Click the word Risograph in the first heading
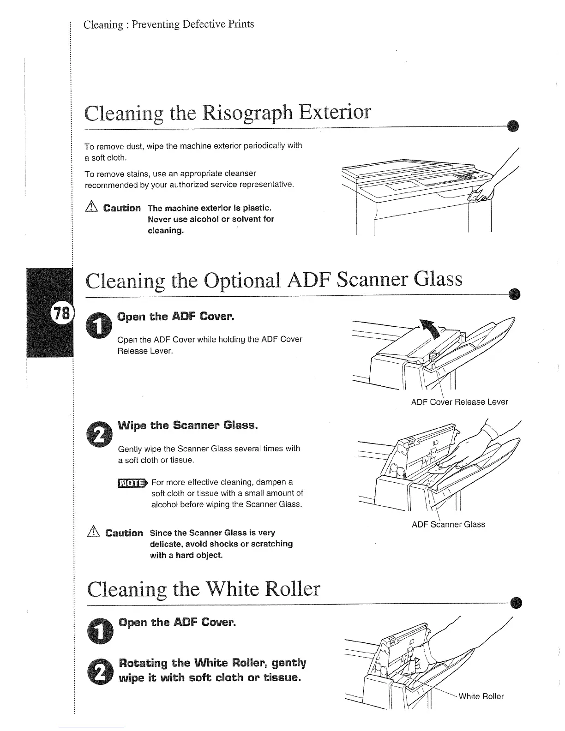click(242, 113)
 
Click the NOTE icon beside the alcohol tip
click(132, 483)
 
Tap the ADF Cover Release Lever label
click(459, 402)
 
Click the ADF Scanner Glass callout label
click(448, 524)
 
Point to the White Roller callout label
click(481, 696)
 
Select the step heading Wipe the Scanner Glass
click(187, 425)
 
